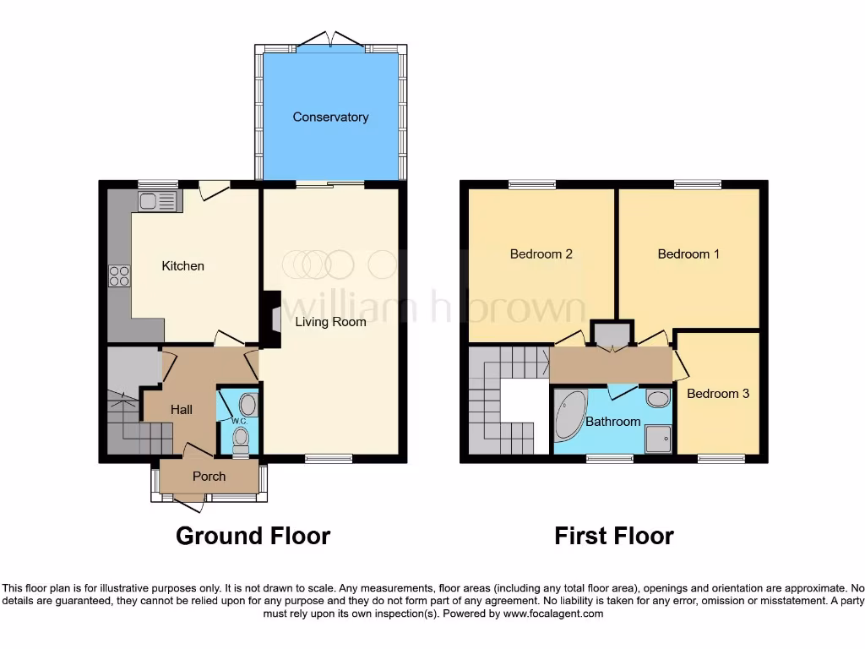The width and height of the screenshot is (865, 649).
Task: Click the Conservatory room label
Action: click(330, 117)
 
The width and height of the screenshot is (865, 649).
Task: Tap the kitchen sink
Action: click(157, 201)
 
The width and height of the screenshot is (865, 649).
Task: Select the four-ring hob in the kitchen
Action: click(119, 275)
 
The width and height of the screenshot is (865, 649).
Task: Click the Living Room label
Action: click(330, 322)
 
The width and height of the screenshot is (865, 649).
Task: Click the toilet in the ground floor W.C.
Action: click(241, 437)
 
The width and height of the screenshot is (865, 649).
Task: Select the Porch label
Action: click(209, 477)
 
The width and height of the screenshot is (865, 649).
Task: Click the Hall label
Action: click(182, 410)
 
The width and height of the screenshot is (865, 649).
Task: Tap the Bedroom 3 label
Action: click(717, 394)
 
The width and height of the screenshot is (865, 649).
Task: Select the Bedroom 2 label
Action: click(541, 254)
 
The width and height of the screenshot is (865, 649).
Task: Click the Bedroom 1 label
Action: click(688, 254)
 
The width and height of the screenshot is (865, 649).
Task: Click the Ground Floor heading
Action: click(253, 536)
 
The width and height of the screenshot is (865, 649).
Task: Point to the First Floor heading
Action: click(614, 536)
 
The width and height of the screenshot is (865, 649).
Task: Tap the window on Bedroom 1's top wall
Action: click(697, 184)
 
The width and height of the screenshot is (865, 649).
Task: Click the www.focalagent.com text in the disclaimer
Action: click(553, 614)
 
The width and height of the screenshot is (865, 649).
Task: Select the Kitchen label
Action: click(183, 266)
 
